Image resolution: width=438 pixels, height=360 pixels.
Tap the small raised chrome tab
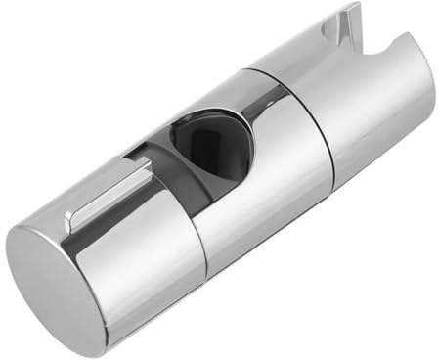(x=109, y=195)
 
